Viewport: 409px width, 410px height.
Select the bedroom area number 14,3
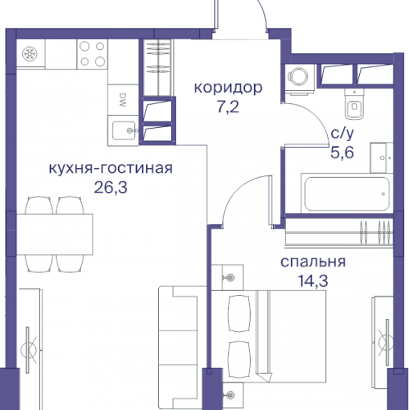click(x=312, y=281)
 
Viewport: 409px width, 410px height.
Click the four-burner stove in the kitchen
click(x=92, y=54)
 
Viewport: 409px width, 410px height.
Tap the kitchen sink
click(x=125, y=128)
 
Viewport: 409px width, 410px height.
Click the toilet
click(x=355, y=107)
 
